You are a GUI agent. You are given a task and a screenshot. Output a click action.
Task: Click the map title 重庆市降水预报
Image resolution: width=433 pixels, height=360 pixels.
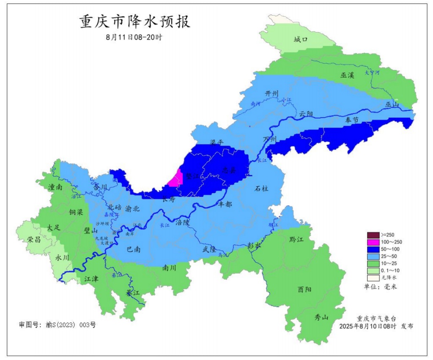[135, 22]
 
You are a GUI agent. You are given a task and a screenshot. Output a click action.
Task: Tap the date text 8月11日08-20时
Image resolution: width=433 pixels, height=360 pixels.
[134, 37]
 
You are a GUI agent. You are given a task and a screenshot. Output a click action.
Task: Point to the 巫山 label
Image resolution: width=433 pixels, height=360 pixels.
[392, 104]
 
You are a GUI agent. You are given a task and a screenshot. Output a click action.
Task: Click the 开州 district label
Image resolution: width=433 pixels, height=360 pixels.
[271, 93]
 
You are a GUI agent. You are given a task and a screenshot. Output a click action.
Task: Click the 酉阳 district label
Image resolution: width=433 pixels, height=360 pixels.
[304, 290]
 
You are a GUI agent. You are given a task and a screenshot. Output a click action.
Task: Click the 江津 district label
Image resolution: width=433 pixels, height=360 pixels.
[91, 279]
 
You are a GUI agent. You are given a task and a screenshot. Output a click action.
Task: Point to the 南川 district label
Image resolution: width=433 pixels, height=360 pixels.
[169, 267]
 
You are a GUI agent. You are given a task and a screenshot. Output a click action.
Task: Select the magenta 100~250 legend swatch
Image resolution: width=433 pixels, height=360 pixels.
[373, 243]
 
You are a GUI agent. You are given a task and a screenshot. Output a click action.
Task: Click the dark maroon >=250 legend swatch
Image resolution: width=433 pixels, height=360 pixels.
[373, 235]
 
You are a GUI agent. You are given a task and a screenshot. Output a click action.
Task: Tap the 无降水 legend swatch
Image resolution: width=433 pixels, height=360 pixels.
[373, 278]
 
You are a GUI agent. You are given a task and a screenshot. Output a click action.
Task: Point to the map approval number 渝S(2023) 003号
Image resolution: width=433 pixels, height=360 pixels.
[57, 325]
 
